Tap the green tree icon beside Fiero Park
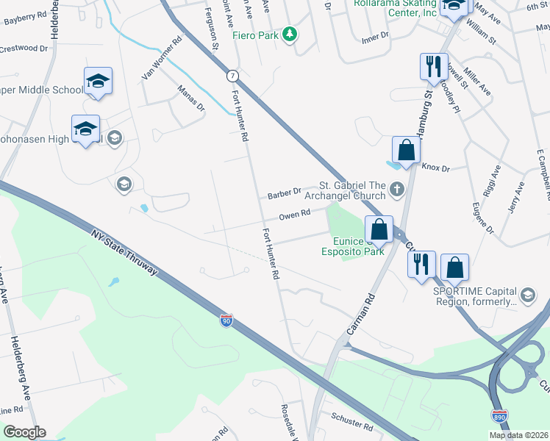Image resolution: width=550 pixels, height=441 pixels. tap(290, 34)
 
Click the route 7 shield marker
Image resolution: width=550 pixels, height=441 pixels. tap(232, 76)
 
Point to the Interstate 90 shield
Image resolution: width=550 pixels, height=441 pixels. tap(226, 321)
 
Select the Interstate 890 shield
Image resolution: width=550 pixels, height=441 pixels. tap(499, 417)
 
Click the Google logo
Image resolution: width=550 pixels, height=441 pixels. tap(24, 432)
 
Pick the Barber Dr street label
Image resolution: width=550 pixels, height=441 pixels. tap(285, 194)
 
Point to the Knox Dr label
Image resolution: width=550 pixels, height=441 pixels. tap(435, 168)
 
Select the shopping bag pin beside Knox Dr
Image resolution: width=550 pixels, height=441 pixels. tap(405, 151)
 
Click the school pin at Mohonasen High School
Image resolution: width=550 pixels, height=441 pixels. tap(85, 129)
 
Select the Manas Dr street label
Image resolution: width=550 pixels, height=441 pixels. tap(190, 97)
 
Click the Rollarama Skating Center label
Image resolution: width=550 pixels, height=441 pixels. tap(395, 7)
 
